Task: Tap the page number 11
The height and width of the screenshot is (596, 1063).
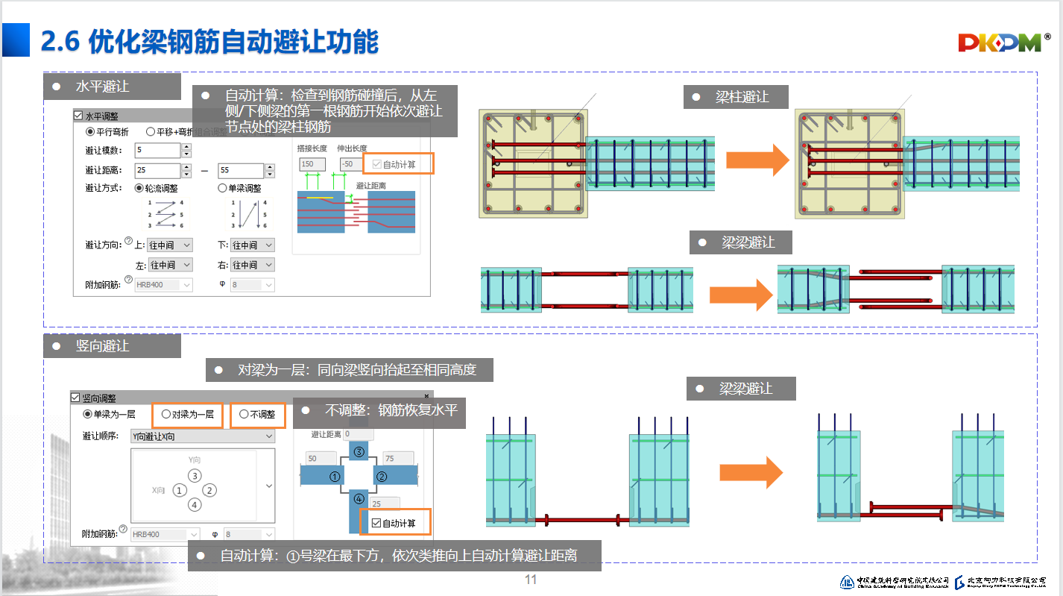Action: pyautogui.click(x=531, y=580)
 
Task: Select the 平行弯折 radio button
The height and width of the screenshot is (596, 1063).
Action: pyautogui.click(x=90, y=132)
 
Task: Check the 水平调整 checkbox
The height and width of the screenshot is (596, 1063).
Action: pyautogui.click(x=78, y=116)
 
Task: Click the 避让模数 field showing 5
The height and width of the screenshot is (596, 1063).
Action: pyautogui.click(x=157, y=151)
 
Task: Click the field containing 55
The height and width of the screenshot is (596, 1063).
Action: pyautogui.click(x=241, y=171)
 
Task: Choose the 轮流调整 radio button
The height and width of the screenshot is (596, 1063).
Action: pyautogui.click(x=139, y=189)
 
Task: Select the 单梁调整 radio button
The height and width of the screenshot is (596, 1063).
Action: pyautogui.click(x=222, y=189)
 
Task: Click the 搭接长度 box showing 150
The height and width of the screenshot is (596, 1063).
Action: pyautogui.click(x=307, y=164)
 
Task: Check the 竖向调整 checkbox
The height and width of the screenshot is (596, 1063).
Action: pyautogui.click(x=75, y=398)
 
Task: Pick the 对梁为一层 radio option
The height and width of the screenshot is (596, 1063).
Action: pyautogui.click(x=165, y=415)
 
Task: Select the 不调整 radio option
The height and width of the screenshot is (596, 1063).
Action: pyautogui.click(x=244, y=415)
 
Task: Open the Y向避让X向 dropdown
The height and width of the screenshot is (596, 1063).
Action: pyautogui.click(x=201, y=436)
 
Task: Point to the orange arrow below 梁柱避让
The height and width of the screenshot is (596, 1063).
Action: pyautogui.click(x=757, y=160)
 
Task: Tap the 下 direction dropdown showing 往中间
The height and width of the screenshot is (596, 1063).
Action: pyautogui.click(x=251, y=245)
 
